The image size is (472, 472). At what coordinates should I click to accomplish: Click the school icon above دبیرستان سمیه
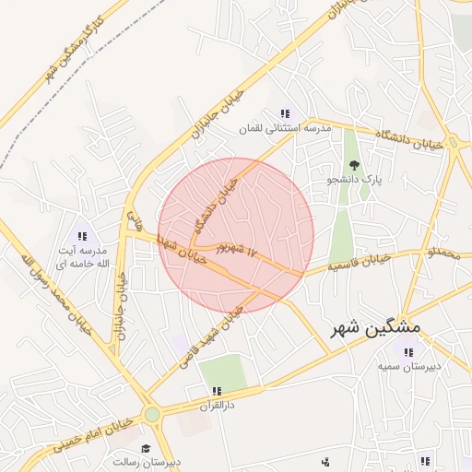tap(408, 351)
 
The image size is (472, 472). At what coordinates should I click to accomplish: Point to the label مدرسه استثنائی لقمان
tap(284, 129)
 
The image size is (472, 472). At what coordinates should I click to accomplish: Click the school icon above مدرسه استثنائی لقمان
tap(284, 114)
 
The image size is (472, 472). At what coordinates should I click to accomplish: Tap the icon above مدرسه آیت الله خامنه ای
tap(82, 236)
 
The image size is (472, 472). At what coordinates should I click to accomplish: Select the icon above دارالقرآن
tap(217, 391)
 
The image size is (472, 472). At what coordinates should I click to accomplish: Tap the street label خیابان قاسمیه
tap(360, 264)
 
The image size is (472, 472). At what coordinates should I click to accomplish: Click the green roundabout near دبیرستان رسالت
tap(152, 415)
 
